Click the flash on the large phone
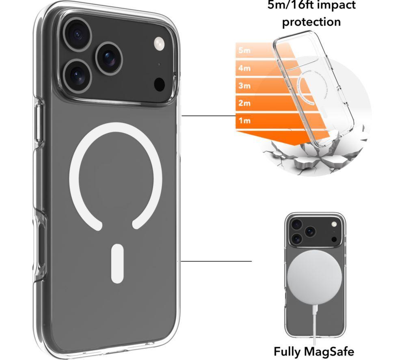coord(159,43)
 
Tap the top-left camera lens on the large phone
coord(77,34)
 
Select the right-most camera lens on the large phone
coord(109,58)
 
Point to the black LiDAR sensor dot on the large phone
coord(160,85)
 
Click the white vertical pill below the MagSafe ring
coord(117,263)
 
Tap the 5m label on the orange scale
coord(244,50)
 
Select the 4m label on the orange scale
coord(244,68)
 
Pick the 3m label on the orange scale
coord(244,86)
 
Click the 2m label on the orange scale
coord(244,103)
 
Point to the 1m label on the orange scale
coord(244,121)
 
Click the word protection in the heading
coord(311,22)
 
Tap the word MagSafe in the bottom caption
coord(328,351)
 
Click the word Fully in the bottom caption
coord(287,352)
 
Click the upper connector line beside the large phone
coord(216,116)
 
